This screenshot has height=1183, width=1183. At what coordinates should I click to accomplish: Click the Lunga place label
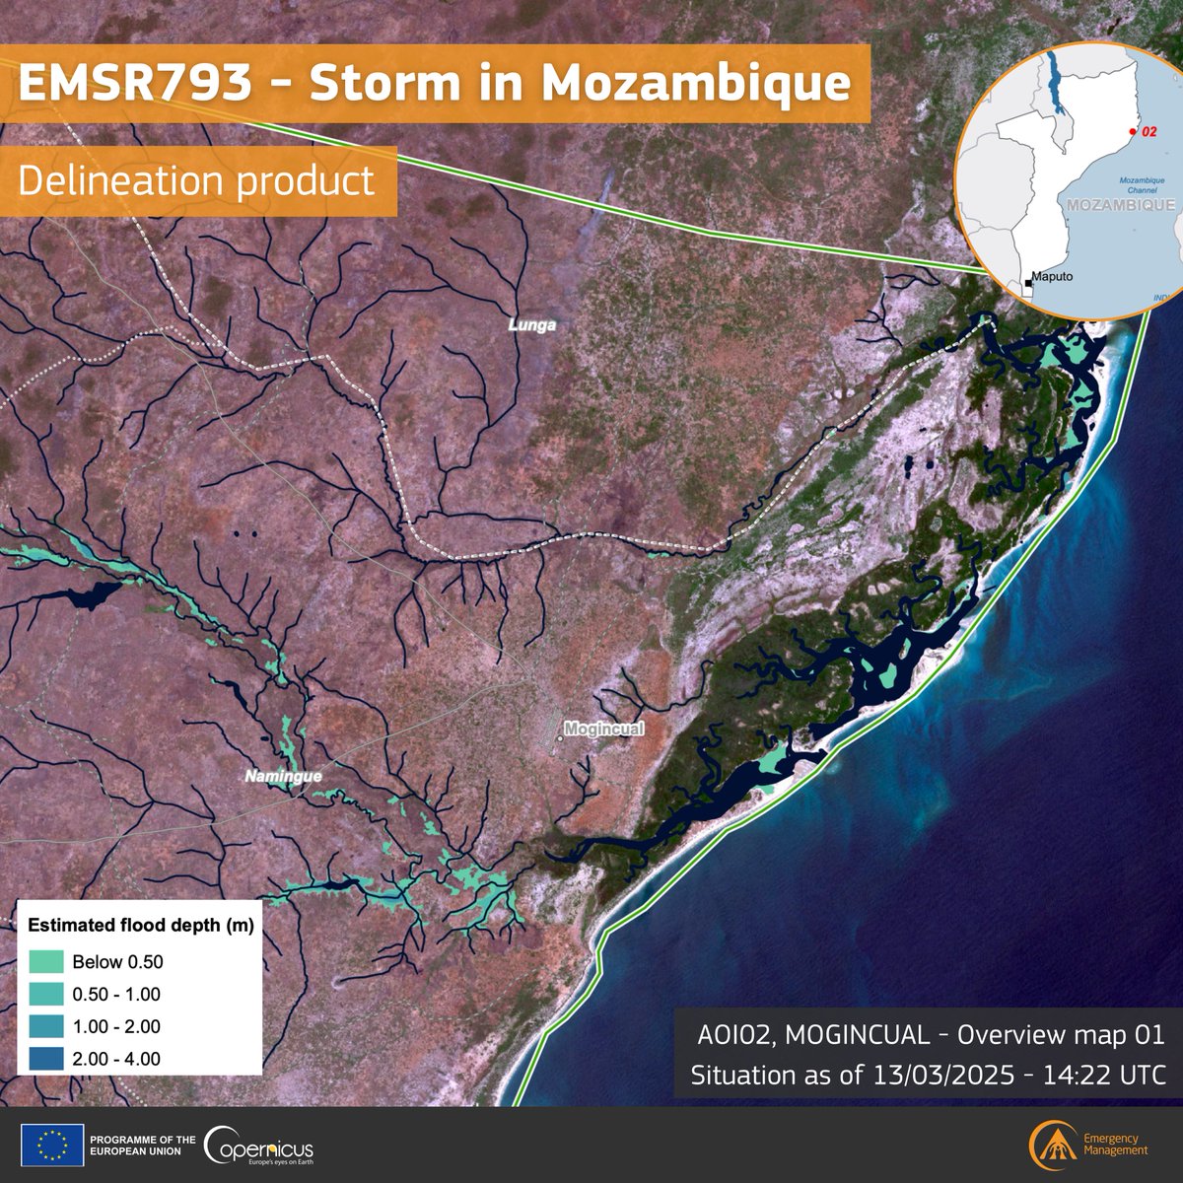pyautogui.click(x=532, y=323)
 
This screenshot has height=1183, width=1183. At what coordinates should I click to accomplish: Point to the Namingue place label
pyautogui.click(x=282, y=776)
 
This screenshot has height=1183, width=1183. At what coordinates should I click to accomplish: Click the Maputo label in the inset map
pyautogui.click(x=1051, y=278)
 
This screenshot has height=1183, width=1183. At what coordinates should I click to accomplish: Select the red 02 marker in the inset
pyautogui.click(x=1133, y=130)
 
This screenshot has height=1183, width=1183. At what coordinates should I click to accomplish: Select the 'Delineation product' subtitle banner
pyautogui.click(x=197, y=180)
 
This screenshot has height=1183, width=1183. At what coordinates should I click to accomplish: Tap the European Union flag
pyautogui.click(x=57, y=1146)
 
